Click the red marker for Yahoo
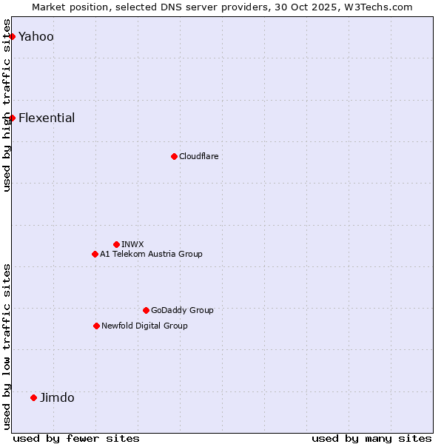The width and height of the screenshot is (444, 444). pos(12,36)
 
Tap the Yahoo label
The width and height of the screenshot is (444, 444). pos(36,36)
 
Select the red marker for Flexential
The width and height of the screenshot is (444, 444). pos(12,118)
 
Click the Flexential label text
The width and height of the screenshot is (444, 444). pos(46,118)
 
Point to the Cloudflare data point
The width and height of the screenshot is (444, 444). pos(174,156)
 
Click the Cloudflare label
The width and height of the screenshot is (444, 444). pos(198,156)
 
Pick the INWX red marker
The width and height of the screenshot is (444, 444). pos(116,244)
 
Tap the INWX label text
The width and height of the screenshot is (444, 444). pos(132,244)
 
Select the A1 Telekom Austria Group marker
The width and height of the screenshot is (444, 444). pos(95,254)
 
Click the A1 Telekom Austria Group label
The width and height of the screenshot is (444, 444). pos(151,254)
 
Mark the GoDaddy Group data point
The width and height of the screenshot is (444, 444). pos(146,310)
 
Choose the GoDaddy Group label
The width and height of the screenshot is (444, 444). pos(182,310)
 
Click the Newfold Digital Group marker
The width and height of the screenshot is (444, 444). pos(96,326)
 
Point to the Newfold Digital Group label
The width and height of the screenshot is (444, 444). pos(144,326)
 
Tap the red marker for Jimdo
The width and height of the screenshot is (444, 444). pos(33,397)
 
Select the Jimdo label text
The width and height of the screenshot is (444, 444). pos(57,397)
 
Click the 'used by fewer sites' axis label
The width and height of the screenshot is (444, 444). pos(76,438)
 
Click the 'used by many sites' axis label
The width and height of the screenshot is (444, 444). pos(371,438)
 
